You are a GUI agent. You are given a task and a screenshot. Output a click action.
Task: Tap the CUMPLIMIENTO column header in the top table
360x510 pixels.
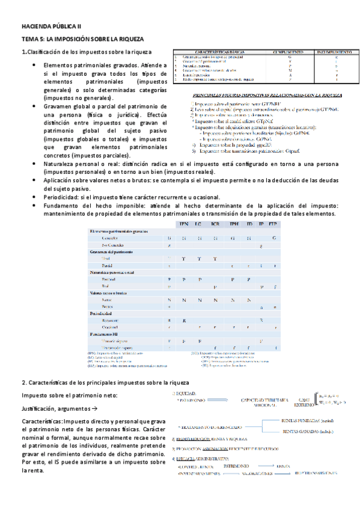click(290, 53)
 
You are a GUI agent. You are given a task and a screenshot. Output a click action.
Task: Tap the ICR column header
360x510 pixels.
click(215, 224)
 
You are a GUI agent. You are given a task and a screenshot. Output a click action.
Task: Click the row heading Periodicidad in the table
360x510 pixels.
click(104, 313)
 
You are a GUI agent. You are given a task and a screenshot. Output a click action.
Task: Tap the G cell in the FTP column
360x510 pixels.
click(274, 239)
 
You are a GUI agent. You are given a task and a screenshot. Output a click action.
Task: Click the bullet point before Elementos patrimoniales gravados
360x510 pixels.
click(33, 65)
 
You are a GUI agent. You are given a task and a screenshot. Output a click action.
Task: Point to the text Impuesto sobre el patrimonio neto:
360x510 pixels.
click(62, 395)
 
